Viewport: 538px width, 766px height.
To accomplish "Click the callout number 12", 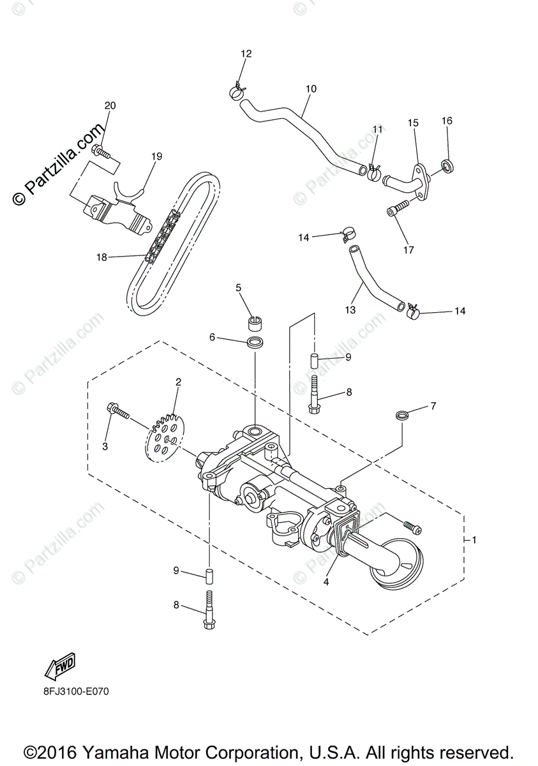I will point(246,54).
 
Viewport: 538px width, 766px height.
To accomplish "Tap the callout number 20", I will point(110,105).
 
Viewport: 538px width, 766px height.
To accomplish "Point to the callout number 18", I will point(102,257).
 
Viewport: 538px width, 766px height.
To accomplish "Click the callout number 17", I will point(408,250).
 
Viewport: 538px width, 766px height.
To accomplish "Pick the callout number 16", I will point(447,121).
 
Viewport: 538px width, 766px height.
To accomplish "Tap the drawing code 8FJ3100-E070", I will point(71,691).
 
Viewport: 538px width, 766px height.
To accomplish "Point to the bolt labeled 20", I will point(101,151).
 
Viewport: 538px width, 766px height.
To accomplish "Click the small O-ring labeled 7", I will point(402,416).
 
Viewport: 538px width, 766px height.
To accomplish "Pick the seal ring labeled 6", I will point(255,342).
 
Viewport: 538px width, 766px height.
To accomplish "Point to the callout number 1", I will point(474,540).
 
